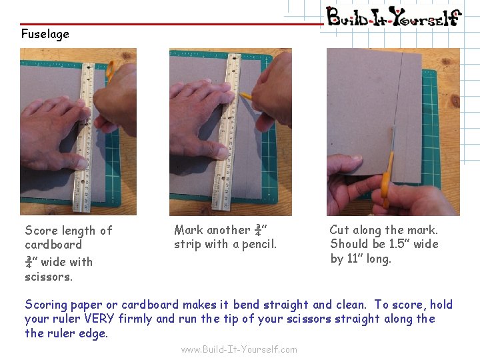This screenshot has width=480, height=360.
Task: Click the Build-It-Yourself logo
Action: pyautogui.click(x=394, y=16)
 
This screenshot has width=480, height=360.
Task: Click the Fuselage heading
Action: pyautogui.click(x=45, y=34)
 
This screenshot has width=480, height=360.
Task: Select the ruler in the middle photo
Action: pyautogui.click(x=227, y=131)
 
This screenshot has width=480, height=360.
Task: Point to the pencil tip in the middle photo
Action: pyautogui.click(x=241, y=94)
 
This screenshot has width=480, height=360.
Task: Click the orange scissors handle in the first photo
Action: pyautogui.click(x=110, y=70)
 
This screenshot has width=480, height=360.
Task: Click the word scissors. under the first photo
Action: pyautogui.click(x=49, y=277)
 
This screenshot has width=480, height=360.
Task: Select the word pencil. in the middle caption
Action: pyautogui.click(x=259, y=244)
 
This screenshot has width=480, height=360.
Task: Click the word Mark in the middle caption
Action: pyautogui.click(x=187, y=230)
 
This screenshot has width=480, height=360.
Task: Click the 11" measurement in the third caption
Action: pyautogui.click(x=355, y=258)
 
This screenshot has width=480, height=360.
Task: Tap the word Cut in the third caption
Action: pyautogui.click(x=339, y=229)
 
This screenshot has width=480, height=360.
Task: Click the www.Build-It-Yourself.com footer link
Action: pyautogui.click(x=239, y=349)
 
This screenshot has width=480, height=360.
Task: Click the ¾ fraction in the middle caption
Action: pyautogui.click(x=259, y=230)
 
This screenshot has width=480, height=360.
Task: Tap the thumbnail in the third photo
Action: pyautogui.click(x=356, y=157)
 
